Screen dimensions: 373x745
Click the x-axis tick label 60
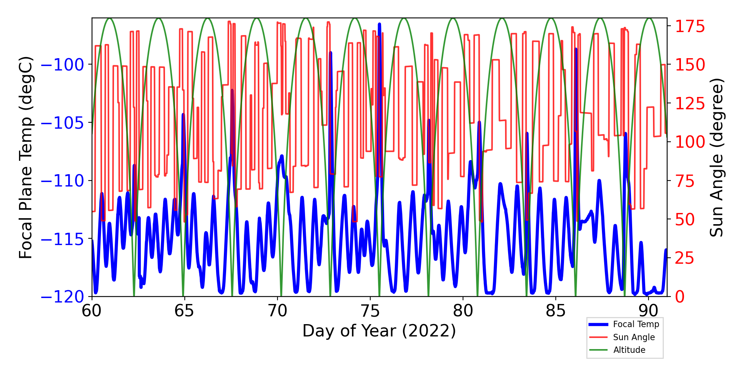tap(92, 310)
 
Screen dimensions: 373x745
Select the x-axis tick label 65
tap(184, 310)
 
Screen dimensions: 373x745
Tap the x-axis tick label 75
tap(370, 310)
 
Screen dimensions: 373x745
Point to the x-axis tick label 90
tap(649, 310)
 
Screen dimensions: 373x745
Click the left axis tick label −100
tap(62, 65)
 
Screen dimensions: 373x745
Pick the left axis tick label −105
tap(62, 123)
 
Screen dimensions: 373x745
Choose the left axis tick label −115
tap(62, 239)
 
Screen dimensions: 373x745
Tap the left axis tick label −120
tap(62, 297)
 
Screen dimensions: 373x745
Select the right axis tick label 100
tap(690, 142)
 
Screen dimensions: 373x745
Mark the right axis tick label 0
tap(680, 297)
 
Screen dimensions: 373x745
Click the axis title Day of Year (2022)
tap(379, 331)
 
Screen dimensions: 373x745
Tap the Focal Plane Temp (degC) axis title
tap(26, 157)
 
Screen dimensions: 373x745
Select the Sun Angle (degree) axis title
tap(716, 157)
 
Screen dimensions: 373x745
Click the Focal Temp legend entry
tap(636, 324)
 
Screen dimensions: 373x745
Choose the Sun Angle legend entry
tap(634, 337)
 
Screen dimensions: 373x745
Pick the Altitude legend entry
tap(629, 350)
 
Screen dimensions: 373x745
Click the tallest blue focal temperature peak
tap(379, 25)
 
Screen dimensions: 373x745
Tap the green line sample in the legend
tap(598, 350)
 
